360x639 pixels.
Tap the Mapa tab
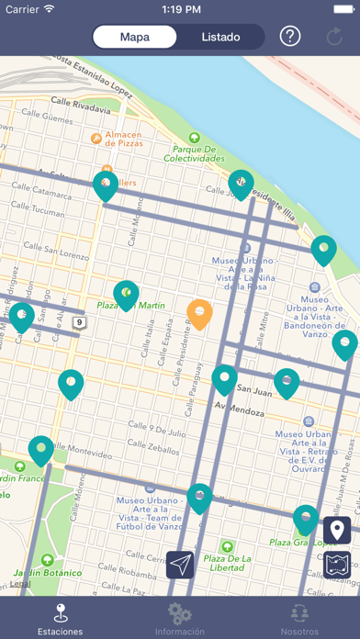pyautogui.click(x=135, y=38)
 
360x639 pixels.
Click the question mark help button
pyautogui.click(x=290, y=38)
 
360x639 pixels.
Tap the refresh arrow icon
pyautogui.click(x=335, y=38)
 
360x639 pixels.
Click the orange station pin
pyautogui.click(x=199, y=314)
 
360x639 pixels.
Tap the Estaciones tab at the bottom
pyautogui.click(x=60, y=618)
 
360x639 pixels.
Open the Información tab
pyautogui.click(x=179, y=618)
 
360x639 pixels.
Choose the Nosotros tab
pyautogui.click(x=299, y=618)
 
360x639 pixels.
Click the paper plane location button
pyautogui.click(x=181, y=564)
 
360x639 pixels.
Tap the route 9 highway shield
pyautogui.click(x=80, y=322)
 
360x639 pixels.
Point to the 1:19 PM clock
pyautogui.click(x=180, y=9)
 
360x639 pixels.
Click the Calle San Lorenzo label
pyautogui.click(x=55, y=248)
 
